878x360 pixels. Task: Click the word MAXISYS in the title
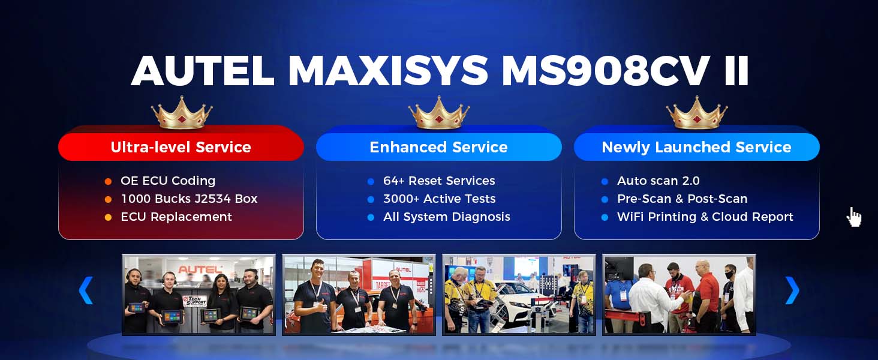389,71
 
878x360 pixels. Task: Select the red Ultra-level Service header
181,146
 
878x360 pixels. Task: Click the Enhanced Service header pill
438,146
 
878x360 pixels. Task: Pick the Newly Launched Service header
696,146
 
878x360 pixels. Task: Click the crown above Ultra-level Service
182,113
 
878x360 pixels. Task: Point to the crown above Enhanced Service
438,113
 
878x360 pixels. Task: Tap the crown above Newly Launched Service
696,113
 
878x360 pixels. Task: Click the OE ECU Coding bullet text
168,181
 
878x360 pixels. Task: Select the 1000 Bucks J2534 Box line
189,199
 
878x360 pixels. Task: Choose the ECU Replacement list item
176,217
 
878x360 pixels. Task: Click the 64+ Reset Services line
439,181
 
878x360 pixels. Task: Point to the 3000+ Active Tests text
440,199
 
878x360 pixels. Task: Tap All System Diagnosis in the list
447,217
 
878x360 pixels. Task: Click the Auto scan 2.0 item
658,181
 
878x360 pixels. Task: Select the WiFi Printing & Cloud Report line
705,217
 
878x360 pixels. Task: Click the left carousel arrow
86,290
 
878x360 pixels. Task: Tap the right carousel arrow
792,290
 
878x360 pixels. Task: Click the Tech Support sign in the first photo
195,301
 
